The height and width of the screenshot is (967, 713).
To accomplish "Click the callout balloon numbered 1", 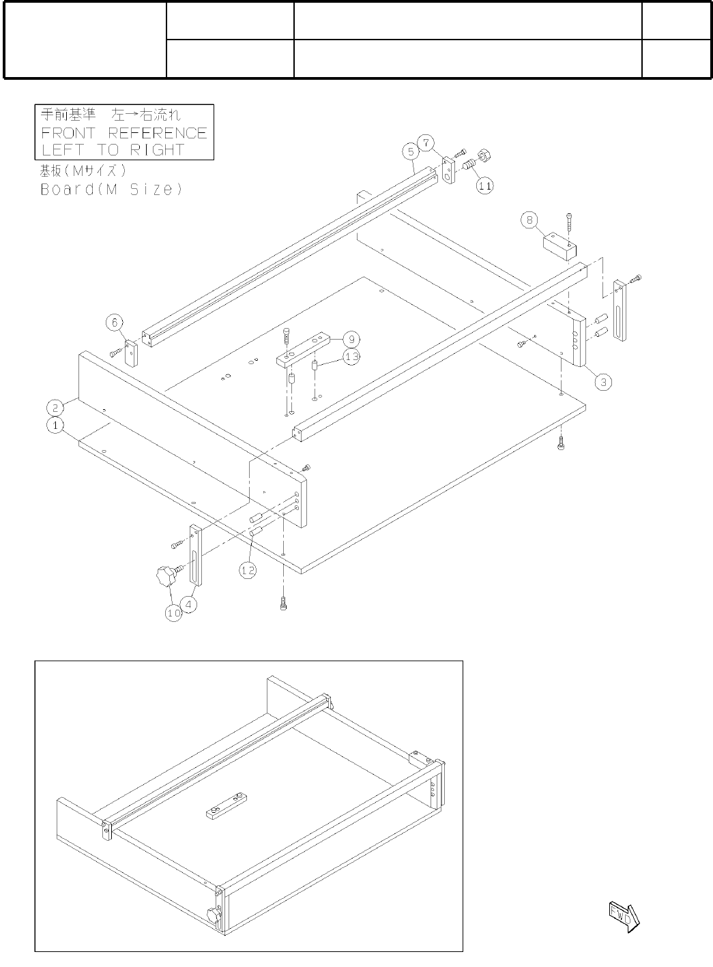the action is pyautogui.click(x=53, y=425).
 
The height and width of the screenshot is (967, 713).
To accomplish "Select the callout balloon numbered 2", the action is pyautogui.click(x=53, y=407).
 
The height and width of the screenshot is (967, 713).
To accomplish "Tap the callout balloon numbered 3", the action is pyautogui.click(x=602, y=382).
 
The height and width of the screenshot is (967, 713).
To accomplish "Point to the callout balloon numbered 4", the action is pyautogui.click(x=191, y=604).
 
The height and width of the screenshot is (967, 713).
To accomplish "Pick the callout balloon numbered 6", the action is pyautogui.click(x=115, y=322).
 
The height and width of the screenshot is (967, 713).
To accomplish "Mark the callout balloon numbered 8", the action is pyautogui.click(x=529, y=220).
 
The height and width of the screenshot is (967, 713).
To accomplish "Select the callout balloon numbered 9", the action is pyautogui.click(x=351, y=339).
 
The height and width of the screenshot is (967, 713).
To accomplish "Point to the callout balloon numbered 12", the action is pyautogui.click(x=248, y=569).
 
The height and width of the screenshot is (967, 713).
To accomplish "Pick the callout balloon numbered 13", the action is pyautogui.click(x=351, y=357).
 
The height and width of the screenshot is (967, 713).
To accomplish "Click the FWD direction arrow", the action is pyautogui.click(x=622, y=914).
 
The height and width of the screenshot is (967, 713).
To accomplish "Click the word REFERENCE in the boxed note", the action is pyautogui.click(x=157, y=133).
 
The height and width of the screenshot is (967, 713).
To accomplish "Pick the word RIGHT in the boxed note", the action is pyautogui.click(x=159, y=150).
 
